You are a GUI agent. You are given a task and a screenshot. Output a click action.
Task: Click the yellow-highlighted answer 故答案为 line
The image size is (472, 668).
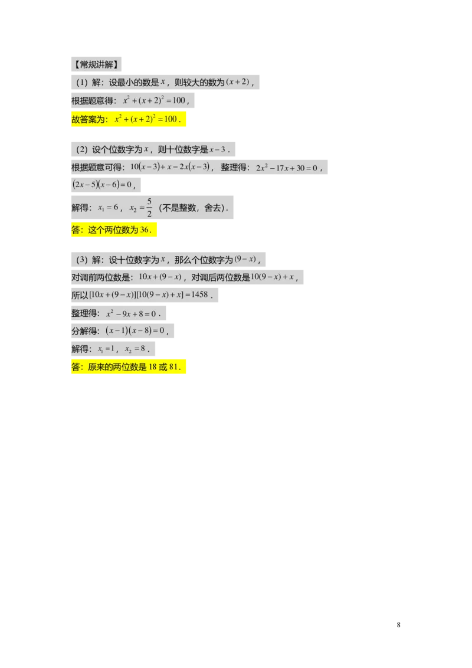pos(129,119)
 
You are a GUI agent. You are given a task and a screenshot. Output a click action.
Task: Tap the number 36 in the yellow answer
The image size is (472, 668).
pos(145,230)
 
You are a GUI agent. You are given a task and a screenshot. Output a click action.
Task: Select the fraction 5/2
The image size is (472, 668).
pos(149,208)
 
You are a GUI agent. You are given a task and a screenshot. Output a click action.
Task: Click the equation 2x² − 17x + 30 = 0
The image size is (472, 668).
pos(287,168)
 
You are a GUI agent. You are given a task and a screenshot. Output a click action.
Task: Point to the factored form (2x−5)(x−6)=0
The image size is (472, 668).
pos(100,185)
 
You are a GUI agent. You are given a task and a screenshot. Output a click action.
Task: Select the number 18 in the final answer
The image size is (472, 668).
pos(153,367)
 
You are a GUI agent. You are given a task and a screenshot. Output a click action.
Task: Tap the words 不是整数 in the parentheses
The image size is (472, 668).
pos(180,208)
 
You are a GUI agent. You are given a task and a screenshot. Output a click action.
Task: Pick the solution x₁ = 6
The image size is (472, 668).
pos(109,208)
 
